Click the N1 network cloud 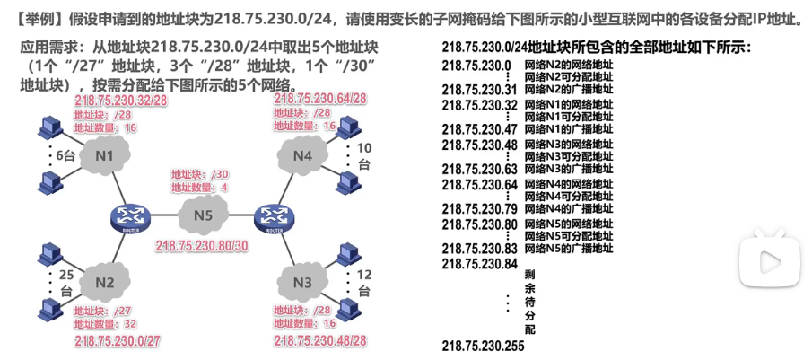[105, 158]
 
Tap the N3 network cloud [302, 284]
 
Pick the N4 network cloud [302, 158]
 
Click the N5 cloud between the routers [204, 215]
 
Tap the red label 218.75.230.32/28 [122, 101]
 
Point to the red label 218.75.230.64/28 [320, 99]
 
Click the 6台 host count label [65, 156]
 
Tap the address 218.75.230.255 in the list [483, 346]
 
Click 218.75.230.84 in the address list [479, 264]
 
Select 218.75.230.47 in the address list [479, 128]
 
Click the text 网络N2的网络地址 [569, 65]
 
